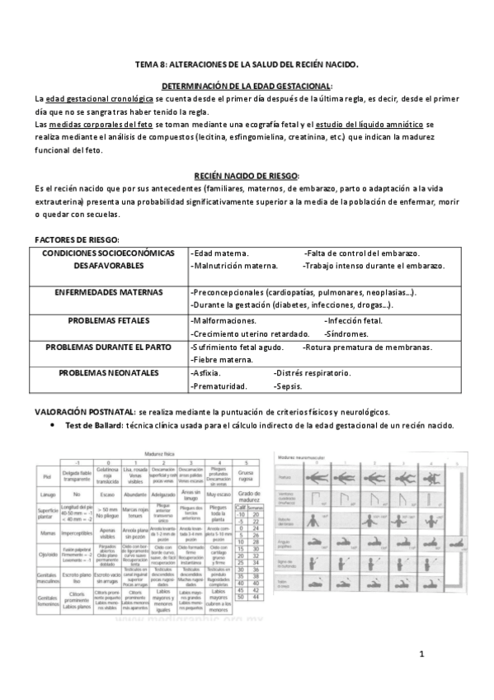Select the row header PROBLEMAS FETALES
pyautogui.click(x=108, y=319)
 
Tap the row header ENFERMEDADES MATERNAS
pyautogui.click(x=108, y=292)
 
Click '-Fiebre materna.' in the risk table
pyautogui.click(x=221, y=359)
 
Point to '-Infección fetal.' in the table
pyautogui.click(x=354, y=319)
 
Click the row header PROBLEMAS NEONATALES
pyautogui.click(x=108, y=373)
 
